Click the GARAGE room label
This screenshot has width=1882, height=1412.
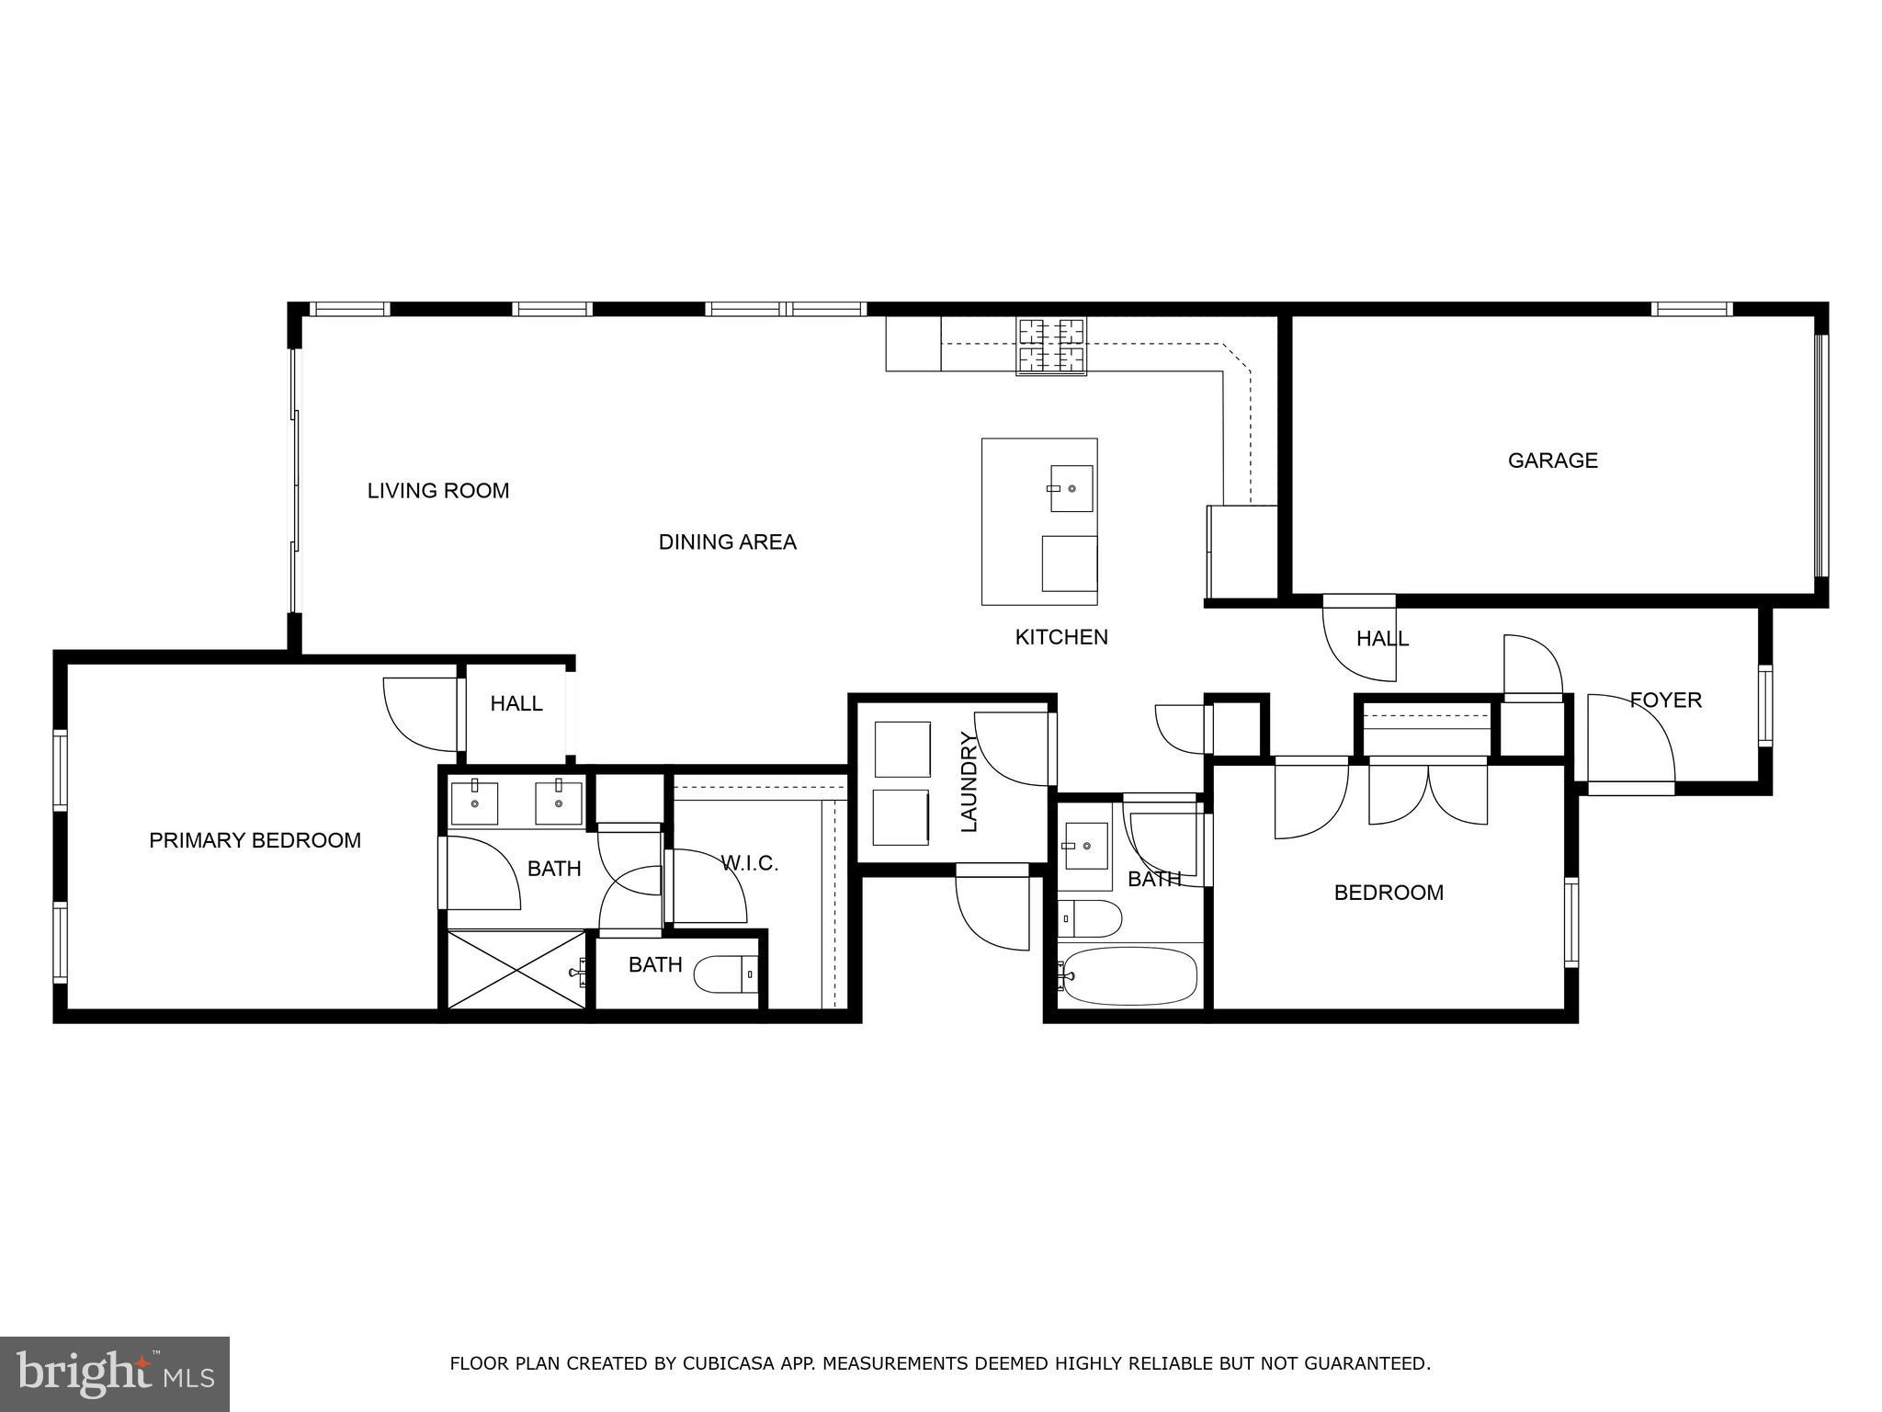point(1552,461)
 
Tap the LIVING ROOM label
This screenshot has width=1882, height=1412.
point(438,491)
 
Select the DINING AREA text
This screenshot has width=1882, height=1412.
point(727,542)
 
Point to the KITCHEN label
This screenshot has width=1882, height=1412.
point(1061,637)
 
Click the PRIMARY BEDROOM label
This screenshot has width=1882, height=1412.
point(255,840)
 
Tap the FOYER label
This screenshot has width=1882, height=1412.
point(1665,700)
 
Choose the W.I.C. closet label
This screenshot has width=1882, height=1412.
point(750,863)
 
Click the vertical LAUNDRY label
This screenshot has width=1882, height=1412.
point(969,781)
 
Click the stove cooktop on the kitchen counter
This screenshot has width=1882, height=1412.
point(1050,347)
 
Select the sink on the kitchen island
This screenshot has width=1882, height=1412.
point(1071,488)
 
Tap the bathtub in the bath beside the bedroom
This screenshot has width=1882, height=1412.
point(1128,977)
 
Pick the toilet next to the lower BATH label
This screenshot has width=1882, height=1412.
point(726,974)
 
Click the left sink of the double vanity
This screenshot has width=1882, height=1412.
point(474,803)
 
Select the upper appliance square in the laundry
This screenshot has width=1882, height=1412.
point(901,749)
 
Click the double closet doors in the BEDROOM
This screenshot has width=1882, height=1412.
point(1427,792)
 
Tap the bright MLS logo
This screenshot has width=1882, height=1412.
point(115,1374)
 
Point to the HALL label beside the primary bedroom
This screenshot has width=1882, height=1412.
point(516,704)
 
